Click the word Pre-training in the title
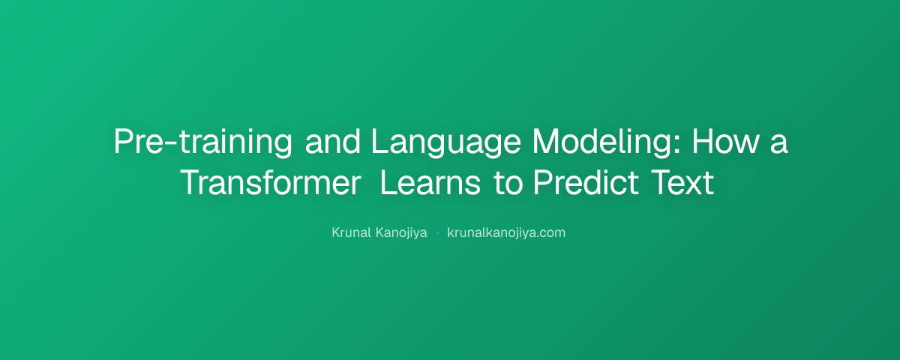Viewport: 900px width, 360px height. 203,142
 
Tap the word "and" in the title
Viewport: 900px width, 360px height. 333,142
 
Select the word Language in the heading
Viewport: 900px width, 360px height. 446,142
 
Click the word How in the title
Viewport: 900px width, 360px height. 725,141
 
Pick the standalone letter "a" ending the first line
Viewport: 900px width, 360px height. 779,144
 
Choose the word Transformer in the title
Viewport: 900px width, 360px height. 271,182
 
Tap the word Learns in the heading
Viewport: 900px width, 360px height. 430,182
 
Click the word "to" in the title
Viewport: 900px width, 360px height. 508,184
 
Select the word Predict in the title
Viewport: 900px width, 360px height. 586,182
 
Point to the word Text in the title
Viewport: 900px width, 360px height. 682,182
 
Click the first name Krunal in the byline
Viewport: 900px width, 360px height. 351,232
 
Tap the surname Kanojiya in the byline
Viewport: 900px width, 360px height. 401,233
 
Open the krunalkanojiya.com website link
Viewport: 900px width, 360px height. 506,233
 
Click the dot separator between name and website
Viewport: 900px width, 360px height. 437,232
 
